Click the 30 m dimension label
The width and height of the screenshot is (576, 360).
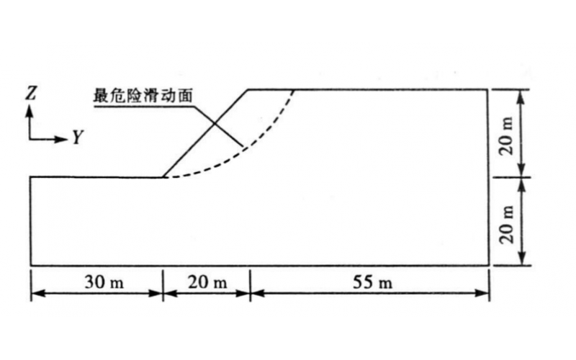click(104, 282)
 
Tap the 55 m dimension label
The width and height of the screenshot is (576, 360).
click(372, 282)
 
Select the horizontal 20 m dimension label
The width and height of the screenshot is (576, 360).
click(207, 282)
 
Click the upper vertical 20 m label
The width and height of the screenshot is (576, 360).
click(506, 136)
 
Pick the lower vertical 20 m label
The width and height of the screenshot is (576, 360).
click(506, 224)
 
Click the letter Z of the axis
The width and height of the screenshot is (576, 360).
click(31, 93)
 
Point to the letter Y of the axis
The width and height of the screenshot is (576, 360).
click(78, 137)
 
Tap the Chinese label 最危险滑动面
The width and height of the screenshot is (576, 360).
click(143, 96)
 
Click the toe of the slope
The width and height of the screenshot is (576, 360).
click(163, 177)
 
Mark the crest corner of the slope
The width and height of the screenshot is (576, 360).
click(248, 89)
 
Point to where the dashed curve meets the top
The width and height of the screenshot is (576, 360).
click(294, 89)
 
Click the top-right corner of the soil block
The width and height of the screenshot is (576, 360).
click(488, 89)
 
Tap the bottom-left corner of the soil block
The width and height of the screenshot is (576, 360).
click(31, 265)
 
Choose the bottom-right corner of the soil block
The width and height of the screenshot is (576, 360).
click(489, 265)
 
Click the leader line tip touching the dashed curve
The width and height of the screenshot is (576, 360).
click(243, 147)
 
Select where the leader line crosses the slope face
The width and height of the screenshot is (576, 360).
click(214, 124)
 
